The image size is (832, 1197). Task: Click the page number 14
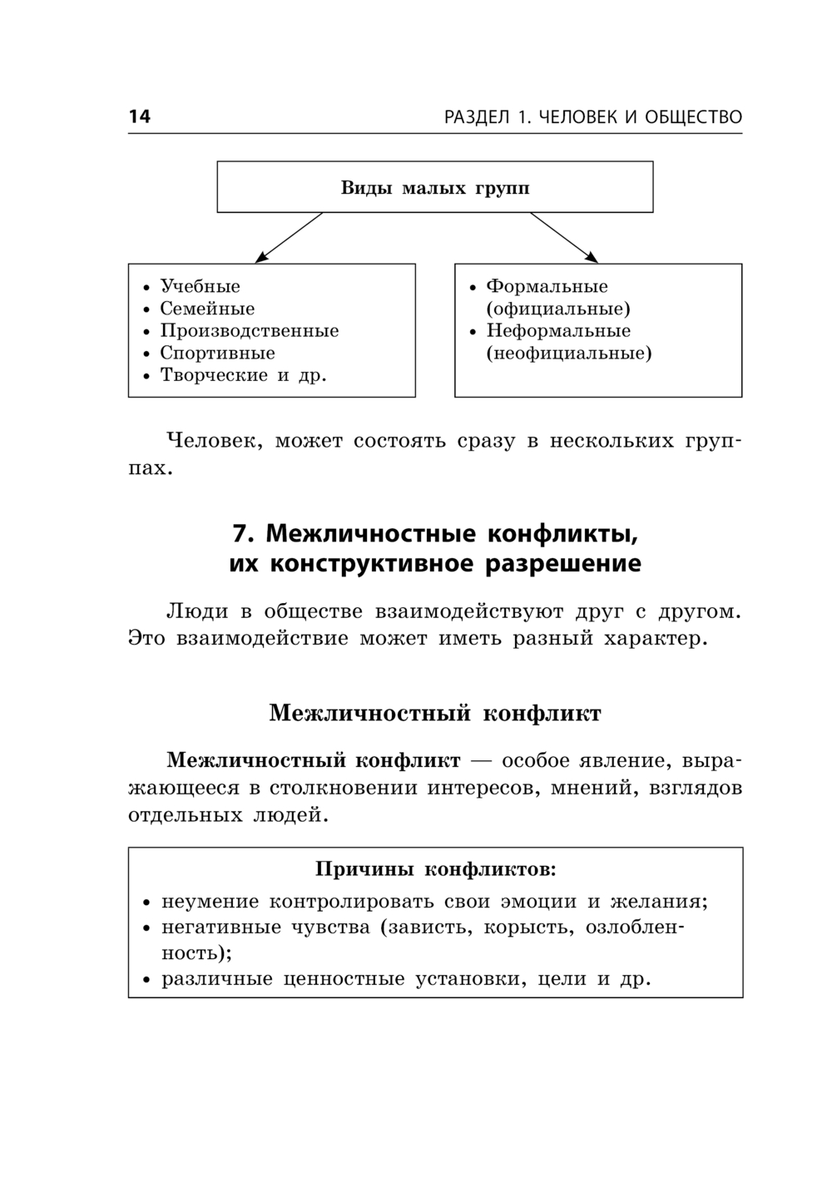click(139, 116)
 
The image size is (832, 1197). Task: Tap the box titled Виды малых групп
click(434, 187)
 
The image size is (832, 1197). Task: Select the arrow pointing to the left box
click(288, 238)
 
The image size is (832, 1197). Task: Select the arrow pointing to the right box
click(564, 238)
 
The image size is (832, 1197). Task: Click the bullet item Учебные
click(200, 286)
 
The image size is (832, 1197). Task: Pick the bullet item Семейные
click(207, 309)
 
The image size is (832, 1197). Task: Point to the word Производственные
click(250, 330)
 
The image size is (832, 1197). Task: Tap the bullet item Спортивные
click(217, 353)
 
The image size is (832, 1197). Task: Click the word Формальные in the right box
click(547, 286)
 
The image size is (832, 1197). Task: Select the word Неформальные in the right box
click(558, 330)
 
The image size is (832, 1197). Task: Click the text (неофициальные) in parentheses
click(569, 353)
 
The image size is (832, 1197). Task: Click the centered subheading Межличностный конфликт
click(434, 713)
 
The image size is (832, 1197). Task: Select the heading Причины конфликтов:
click(435, 869)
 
